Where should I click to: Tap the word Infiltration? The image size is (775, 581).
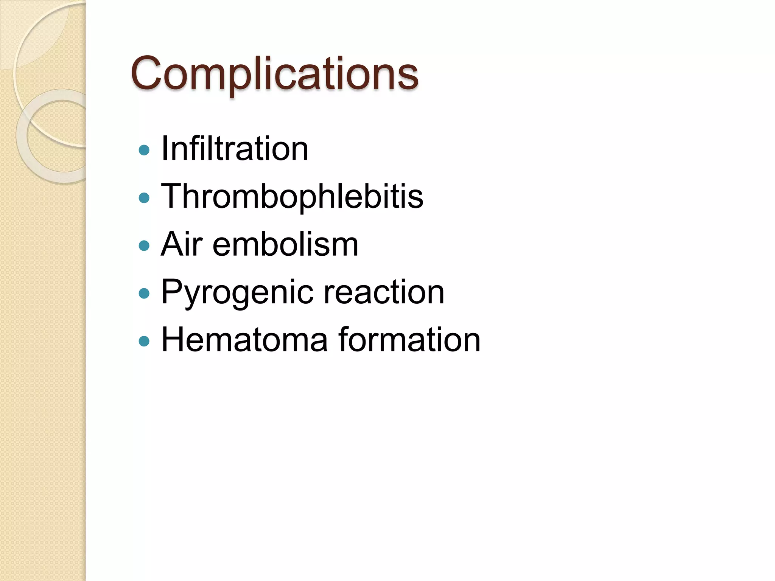pos(235,149)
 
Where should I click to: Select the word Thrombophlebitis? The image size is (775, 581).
pos(292,196)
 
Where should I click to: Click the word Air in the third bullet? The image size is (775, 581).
pos(181,244)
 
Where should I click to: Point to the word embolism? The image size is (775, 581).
pos(285,244)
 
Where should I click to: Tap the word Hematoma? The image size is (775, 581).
pos(244,340)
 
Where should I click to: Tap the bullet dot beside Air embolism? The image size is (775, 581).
pos(144,246)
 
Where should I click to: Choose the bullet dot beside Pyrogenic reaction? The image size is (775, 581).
pos(144,294)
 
